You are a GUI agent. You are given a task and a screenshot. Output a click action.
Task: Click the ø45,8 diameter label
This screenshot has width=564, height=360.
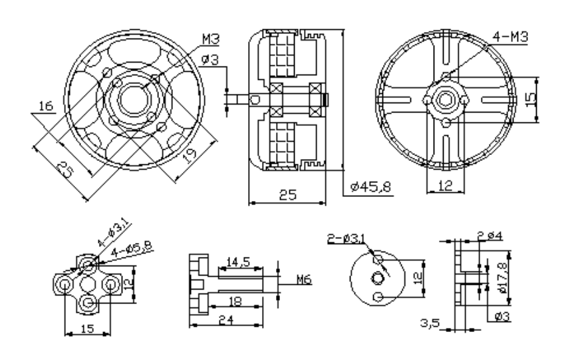pos(370,187)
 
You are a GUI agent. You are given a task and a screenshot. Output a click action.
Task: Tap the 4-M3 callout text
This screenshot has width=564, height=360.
pos(510,37)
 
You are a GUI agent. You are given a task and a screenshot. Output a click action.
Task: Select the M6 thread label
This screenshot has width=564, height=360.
pos(304,279)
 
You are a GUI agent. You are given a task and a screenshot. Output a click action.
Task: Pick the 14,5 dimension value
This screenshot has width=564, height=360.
pos(237,262)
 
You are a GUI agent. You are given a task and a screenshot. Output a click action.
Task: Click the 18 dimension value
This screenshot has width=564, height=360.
pos(235,301)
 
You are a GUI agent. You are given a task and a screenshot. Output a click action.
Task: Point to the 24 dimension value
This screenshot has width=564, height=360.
pos(226,320)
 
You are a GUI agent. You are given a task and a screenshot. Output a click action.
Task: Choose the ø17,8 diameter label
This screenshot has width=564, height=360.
pos(502,277)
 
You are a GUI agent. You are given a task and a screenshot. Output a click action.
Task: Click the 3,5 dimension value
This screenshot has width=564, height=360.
pos(430,323)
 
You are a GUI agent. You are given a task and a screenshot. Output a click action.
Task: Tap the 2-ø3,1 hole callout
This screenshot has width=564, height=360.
pos(346,238)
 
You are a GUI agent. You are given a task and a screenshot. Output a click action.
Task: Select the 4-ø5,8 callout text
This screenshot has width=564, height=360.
pos(132,248)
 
